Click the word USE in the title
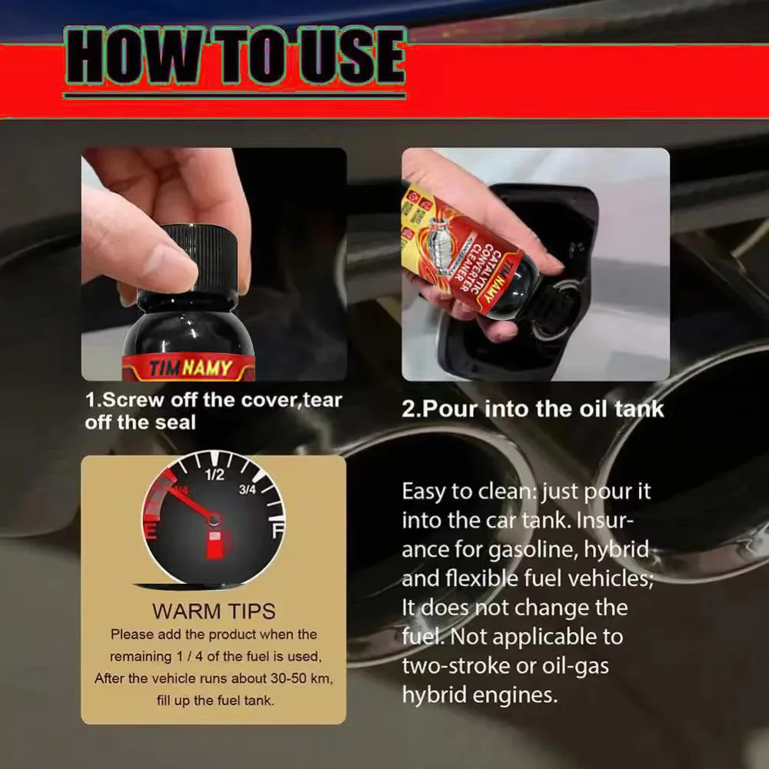coord(353,56)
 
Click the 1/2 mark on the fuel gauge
coord(215,474)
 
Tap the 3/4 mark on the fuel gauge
coord(247,489)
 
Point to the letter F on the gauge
coord(278,531)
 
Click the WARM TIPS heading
coord(214,611)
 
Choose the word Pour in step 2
coord(449,409)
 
